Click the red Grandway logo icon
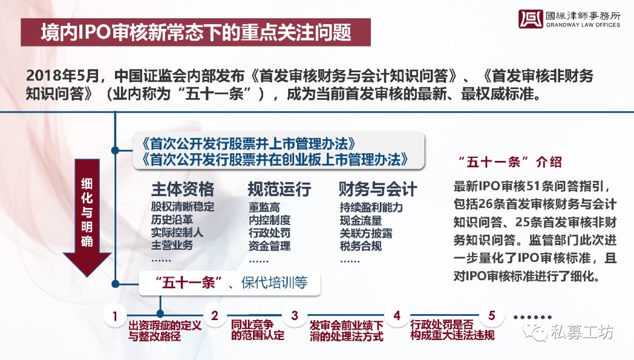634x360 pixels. pos(531,19)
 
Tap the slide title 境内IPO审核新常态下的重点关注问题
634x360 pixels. pos(195,32)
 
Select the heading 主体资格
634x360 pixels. pos(183,189)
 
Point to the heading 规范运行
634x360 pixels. pos(279,189)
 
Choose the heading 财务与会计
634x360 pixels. pos(377,189)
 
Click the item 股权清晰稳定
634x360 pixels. pos(183,207)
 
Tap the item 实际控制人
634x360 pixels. pos(177,232)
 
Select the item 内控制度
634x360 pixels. pos(269,220)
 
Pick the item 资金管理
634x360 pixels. pos(269,245)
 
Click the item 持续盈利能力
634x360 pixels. pos(371,207)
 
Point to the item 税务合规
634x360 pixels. pos(360,245)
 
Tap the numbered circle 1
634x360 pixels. pos(115,315)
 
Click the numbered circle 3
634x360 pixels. pos(295,315)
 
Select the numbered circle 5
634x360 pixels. pos(492,315)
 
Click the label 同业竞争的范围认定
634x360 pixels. pos(258,329)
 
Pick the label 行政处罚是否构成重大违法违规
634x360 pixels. pos(452,329)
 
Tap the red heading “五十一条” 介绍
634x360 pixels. pos(510,162)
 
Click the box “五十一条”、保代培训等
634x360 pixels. pos(230,282)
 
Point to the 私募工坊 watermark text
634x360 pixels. pos(581,332)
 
